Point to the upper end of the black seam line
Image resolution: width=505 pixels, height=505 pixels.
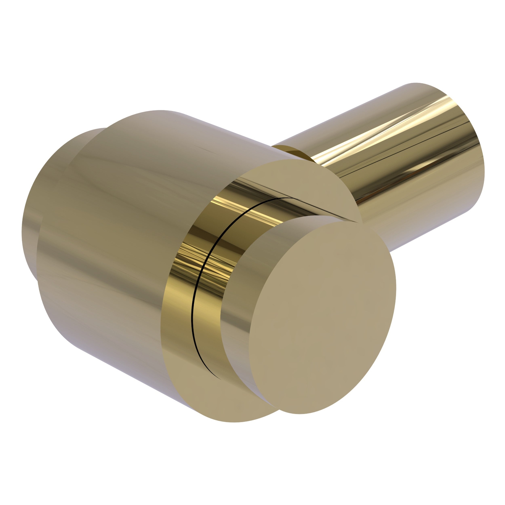point(293,199)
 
